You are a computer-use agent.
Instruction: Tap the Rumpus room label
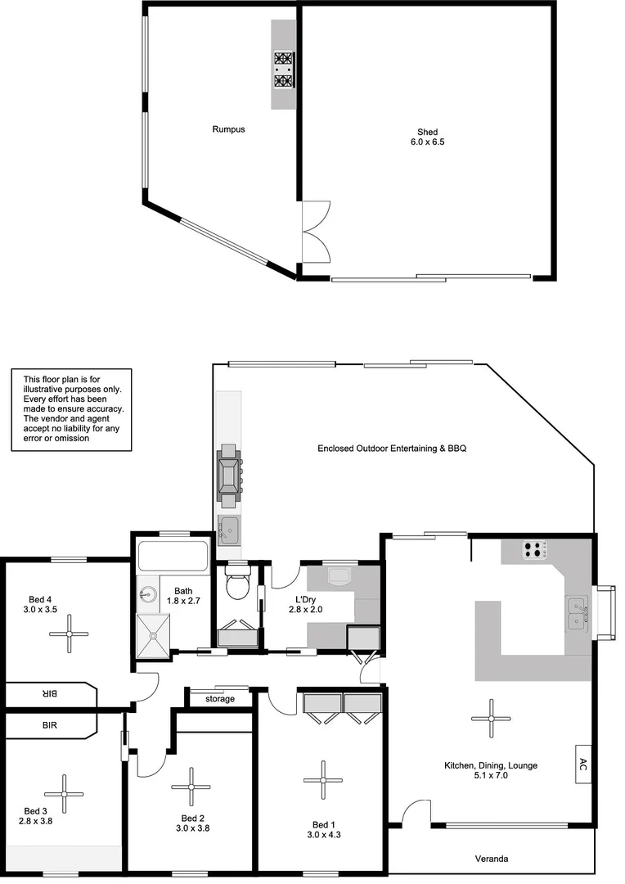click(x=228, y=129)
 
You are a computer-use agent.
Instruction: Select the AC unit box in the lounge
click(x=582, y=764)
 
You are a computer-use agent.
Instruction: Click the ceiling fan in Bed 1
click(x=321, y=781)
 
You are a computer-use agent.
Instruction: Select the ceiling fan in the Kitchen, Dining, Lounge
click(x=492, y=718)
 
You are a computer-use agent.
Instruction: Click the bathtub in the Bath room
click(x=173, y=557)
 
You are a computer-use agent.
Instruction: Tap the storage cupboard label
click(x=220, y=699)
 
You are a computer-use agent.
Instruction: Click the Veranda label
click(x=492, y=859)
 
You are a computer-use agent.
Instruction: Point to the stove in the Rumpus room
click(x=284, y=70)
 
